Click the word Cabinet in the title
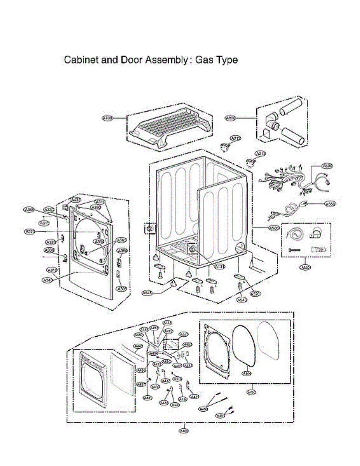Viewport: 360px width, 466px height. pyautogui.click(x=79, y=60)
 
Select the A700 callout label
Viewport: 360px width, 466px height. pyautogui.click(x=107, y=117)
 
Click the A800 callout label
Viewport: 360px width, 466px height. pyautogui.click(x=230, y=118)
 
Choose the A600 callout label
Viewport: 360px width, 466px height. pyautogui.click(x=328, y=166)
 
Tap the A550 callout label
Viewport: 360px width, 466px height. pyautogui.click(x=330, y=203)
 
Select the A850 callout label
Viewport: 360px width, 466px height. pyautogui.click(x=305, y=267)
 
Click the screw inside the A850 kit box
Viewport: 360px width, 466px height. pyautogui.click(x=295, y=249)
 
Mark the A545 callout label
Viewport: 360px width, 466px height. pyautogui.click(x=148, y=293)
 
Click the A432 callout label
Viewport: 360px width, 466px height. pyautogui.click(x=76, y=200)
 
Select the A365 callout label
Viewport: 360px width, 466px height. pyautogui.click(x=121, y=240)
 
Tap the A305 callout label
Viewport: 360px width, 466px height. pyautogui.click(x=122, y=289)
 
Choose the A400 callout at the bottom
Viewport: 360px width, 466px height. pyautogui.click(x=183, y=430)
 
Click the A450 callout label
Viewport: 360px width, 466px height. pyautogui.click(x=251, y=392)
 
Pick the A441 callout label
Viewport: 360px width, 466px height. pyautogui.click(x=183, y=334)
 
